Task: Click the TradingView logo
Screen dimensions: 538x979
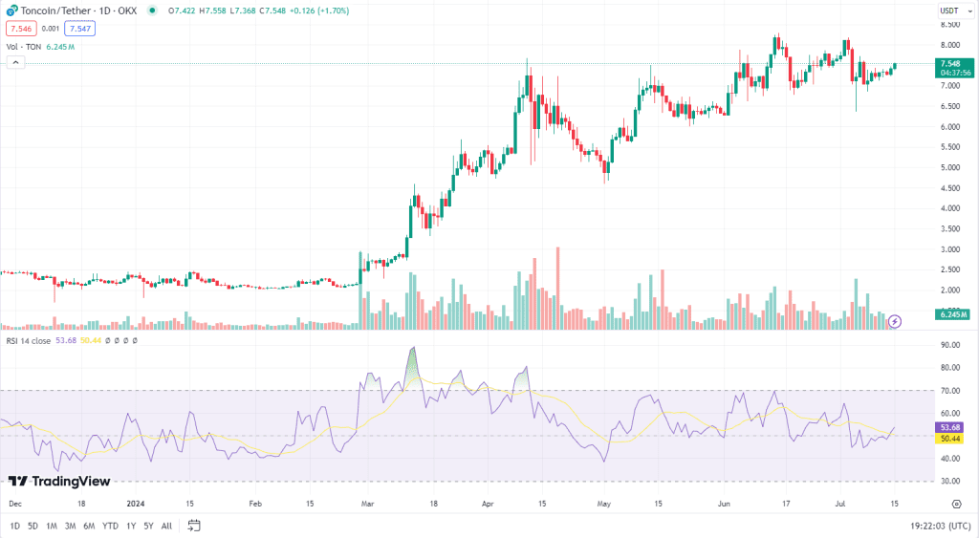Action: [59, 482]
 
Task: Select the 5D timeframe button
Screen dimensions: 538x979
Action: [33, 526]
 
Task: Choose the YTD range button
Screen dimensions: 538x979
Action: [110, 526]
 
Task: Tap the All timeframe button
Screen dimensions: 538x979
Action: [166, 526]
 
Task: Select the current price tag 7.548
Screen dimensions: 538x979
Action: [950, 64]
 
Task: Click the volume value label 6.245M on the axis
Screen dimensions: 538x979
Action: [953, 313]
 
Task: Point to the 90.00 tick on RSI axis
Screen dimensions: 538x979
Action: [949, 345]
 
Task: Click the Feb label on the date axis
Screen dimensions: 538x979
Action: [255, 502]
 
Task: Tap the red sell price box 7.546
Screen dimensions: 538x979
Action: [20, 29]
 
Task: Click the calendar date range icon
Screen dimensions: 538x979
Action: [194, 526]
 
